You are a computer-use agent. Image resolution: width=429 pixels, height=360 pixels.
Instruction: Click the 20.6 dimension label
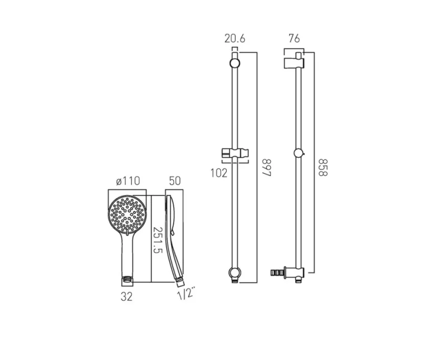(x=235, y=38)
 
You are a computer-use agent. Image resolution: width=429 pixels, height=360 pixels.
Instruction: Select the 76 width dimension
(x=294, y=38)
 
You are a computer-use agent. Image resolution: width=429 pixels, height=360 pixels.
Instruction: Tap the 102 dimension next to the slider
(x=219, y=173)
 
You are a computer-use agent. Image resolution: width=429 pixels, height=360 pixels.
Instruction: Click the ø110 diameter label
(x=128, y=181)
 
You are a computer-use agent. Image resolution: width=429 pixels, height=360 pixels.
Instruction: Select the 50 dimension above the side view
(x=174, y=181)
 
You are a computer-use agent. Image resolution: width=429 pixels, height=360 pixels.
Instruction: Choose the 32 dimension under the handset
(x=127, y=296)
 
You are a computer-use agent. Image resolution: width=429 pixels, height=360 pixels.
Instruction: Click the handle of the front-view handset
(x=127, y=254)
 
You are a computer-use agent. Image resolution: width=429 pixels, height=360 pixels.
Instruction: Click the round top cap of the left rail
(x=235, y=63)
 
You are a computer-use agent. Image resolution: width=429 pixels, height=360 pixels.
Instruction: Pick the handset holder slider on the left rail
(x=233, y=152)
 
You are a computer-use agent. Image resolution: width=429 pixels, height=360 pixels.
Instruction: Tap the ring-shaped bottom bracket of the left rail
(x=234, y=273)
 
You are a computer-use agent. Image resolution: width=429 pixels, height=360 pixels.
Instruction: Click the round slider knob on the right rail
(x=299, y=153)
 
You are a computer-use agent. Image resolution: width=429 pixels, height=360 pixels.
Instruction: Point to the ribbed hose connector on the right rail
(x=276, y=272)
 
